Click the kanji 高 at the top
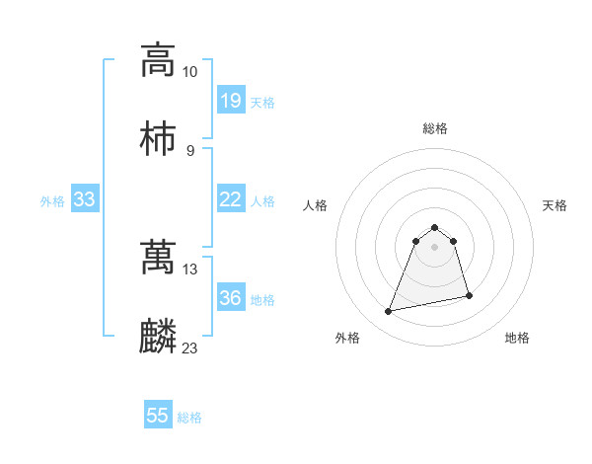[158, 59]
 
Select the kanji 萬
[158, 257]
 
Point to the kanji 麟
[158, 336]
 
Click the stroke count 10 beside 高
[190, 72]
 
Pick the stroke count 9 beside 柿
[190, 150]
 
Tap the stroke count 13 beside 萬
[190, 269]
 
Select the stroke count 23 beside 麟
[190, 348]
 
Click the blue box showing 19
[230, 101]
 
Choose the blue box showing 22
[230, 199]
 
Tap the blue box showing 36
[230, 298]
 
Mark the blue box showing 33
[84, 199]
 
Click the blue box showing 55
[158, 416]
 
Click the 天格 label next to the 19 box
[262, 102]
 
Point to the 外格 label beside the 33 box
[52, 200]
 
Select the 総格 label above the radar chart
[434, 128]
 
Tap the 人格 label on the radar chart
[315, 205]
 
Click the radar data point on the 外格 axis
[389, 312]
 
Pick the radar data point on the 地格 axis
[469, 296]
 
